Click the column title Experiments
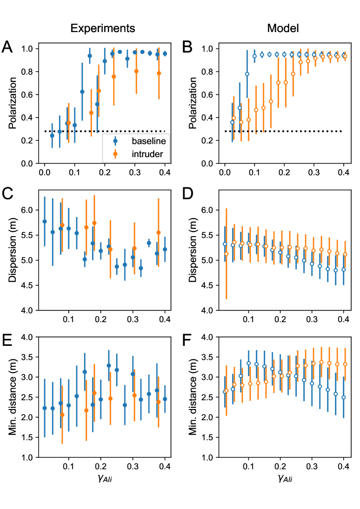(x=103, y=28)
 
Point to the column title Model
(x=282, y=28)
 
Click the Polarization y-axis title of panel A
(x=13, y=106)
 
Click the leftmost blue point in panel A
(x=52, y=135)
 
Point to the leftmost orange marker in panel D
(x=226, y=253)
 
